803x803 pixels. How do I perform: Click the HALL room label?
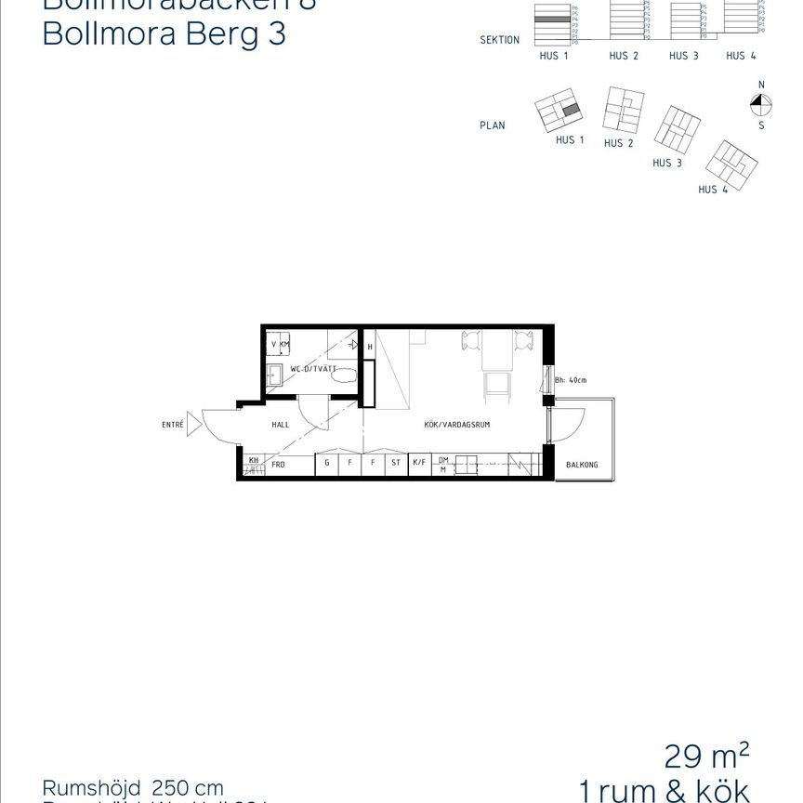point(280,425)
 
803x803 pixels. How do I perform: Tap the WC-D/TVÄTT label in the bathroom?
point(313,369)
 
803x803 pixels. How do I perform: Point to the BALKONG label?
point(582,464)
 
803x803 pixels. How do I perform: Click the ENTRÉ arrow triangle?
point(193,425)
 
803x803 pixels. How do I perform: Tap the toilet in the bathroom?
point(342,375)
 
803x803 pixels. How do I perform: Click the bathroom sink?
point(275,374)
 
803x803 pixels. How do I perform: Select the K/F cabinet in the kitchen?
point(420,462)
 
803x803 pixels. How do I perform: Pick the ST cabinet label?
point(396,462)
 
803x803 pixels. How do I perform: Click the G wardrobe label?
point(327,462)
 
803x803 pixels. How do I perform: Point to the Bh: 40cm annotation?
point(571,380)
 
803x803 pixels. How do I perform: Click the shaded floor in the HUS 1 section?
point(553,19)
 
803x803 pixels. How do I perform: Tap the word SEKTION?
point(499,40)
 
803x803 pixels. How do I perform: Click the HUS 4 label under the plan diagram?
point(713,190)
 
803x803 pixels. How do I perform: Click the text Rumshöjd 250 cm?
point(133,788)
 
